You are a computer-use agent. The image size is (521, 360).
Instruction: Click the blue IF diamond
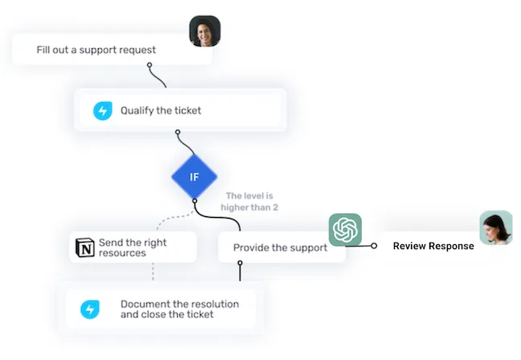(194, 178)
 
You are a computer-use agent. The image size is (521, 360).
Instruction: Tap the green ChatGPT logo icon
(345, 230)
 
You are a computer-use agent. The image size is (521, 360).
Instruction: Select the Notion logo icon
(84, 247)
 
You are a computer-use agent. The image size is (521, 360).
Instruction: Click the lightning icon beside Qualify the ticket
(102, 111)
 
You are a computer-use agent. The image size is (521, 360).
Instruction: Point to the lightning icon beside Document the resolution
(89, 309)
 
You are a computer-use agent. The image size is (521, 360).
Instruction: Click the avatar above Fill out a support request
(204, 31)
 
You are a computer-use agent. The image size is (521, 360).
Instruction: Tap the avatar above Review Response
(495, 227)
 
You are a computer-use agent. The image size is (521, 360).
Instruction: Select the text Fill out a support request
(96, 50)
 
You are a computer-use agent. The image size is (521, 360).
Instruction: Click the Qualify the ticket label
(161, 111)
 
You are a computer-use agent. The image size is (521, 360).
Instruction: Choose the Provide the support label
(280, 247)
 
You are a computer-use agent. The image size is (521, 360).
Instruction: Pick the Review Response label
(433, 246)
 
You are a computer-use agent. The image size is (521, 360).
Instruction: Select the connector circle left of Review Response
(374, 246)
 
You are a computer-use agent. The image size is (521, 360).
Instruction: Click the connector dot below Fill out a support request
(150, 66)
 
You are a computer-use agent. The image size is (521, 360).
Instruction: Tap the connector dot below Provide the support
(240, 263)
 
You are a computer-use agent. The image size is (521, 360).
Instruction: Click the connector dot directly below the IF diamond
(194, 201)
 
